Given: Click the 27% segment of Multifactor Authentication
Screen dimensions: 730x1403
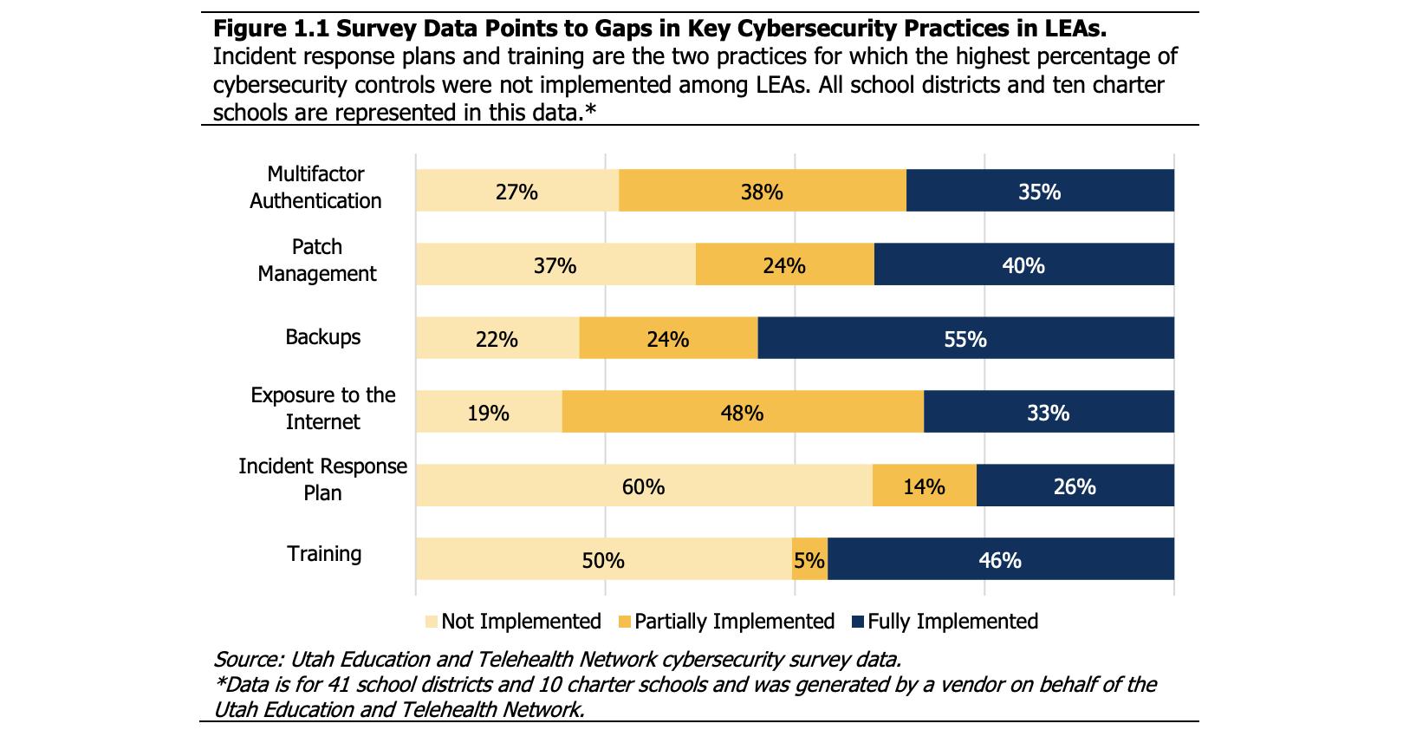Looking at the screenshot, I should point(516,191).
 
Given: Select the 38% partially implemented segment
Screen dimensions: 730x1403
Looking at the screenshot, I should point(762,191).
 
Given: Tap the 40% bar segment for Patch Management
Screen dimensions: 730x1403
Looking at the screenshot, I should point(1023,264).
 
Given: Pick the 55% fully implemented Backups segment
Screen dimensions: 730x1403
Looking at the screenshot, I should point(965,338).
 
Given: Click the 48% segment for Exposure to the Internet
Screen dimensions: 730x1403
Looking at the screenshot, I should point(742,412).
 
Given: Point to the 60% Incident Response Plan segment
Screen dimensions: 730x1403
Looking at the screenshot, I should point(643,486).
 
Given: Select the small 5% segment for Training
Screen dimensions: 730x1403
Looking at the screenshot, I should point(809,559).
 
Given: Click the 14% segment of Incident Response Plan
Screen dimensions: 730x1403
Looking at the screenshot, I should point(924,486).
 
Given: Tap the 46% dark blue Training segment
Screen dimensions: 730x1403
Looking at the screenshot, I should point(1000,559).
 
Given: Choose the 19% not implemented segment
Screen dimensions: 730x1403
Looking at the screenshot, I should point(488,412).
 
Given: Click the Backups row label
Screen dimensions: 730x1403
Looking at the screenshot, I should point(322,337).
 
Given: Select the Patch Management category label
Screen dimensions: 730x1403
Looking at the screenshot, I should point(317,260).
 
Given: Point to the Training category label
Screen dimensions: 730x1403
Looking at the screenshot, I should point(324,554).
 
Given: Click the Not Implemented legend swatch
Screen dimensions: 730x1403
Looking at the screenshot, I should point(432,622).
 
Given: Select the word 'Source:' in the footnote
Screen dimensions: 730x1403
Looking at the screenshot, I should point(246,658).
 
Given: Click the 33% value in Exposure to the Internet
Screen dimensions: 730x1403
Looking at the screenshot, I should point(1048,413).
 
